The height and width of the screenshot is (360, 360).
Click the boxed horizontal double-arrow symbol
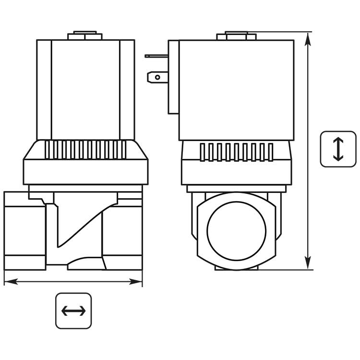point(73,311)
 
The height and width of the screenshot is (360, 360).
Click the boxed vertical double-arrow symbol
point(338,149)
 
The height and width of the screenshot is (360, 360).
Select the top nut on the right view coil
point(232,36)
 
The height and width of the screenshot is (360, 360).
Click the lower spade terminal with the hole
point(158,76)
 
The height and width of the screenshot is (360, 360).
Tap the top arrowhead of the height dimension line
point(308,38)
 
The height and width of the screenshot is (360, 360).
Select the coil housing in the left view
point(85,89)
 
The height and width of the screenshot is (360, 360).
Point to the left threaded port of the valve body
point(24,230)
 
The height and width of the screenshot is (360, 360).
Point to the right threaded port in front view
point(122,230)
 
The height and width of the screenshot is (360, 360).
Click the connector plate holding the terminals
point(173,77)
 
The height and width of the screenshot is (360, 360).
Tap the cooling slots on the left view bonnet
point(85,149)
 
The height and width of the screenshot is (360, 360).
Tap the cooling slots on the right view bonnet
point(236,152)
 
